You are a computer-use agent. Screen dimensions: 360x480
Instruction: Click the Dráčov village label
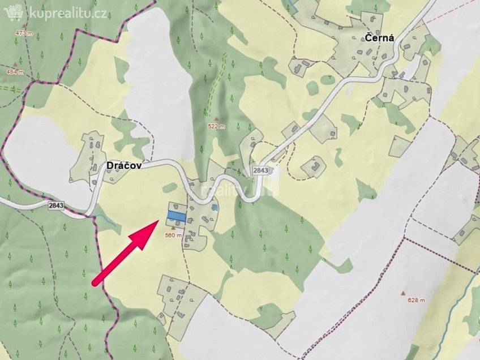[123, 165]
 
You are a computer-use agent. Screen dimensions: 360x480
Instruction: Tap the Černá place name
[379, 39]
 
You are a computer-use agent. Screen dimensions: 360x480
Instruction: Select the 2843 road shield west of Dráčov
[57, 205]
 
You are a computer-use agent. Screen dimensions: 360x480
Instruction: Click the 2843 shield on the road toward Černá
[261, 170]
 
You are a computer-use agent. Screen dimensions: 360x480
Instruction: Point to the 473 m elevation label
[24, 33]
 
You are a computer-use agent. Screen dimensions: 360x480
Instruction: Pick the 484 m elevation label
[14, 72]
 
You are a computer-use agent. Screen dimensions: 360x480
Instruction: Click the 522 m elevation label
[216, 126]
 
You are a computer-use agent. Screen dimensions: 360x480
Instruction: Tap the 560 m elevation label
[173, 235]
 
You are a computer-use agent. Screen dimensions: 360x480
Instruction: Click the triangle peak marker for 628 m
[403, 293]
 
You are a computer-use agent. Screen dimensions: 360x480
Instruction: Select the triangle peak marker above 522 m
[215, 119]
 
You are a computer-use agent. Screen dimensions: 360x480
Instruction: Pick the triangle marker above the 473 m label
[24, 26]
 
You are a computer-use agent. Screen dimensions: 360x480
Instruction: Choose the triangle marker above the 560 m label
[173, 228]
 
